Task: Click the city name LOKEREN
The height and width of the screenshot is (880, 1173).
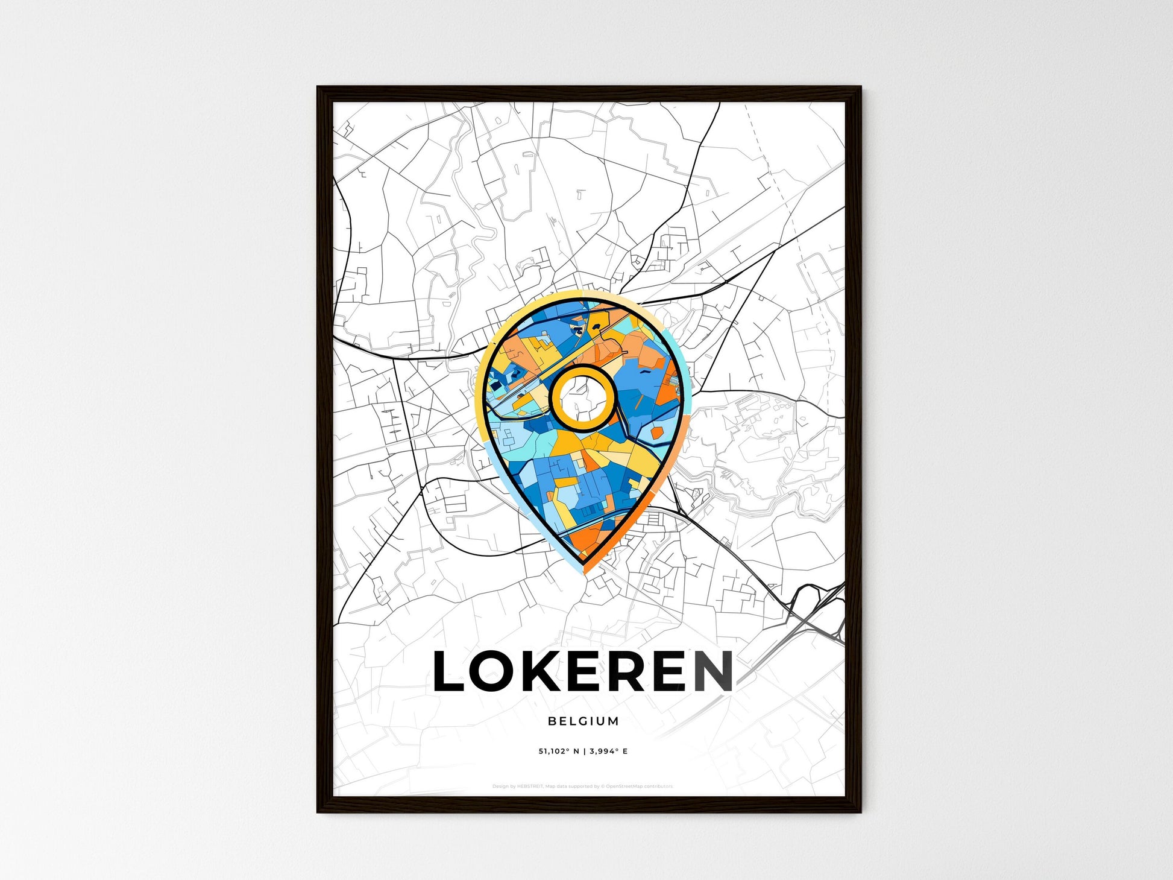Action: click(x=583, y=671)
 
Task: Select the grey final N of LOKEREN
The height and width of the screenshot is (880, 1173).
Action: click(x=712, y=671)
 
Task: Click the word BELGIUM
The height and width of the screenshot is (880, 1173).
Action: click(x=583, y=721)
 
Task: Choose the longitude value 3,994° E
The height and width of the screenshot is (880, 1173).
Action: click(x=609, y=752)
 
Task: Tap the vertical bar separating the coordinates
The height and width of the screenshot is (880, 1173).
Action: click(x=584, y=752)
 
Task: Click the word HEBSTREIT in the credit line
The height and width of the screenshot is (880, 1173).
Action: click(x=530, y=787)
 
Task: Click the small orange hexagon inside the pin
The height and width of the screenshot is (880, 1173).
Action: click(x=657, y=432)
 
